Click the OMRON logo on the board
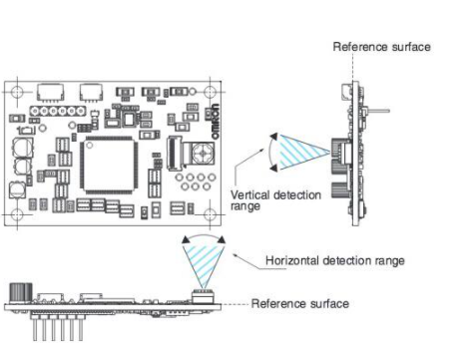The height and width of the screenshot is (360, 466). (216, 122)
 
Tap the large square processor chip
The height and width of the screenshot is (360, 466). (109, 166)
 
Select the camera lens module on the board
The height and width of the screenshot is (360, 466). (203, 154)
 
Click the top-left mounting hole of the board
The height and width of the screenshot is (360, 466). (17, 92)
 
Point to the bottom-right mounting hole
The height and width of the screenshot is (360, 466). (210, 214)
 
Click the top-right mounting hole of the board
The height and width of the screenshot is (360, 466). (210, 92)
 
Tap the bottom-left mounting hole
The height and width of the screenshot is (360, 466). (17, 214)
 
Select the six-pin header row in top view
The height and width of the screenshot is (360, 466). (58, 111)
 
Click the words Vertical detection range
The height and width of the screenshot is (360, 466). (275, 200)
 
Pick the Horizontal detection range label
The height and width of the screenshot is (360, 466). (335, 260)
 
